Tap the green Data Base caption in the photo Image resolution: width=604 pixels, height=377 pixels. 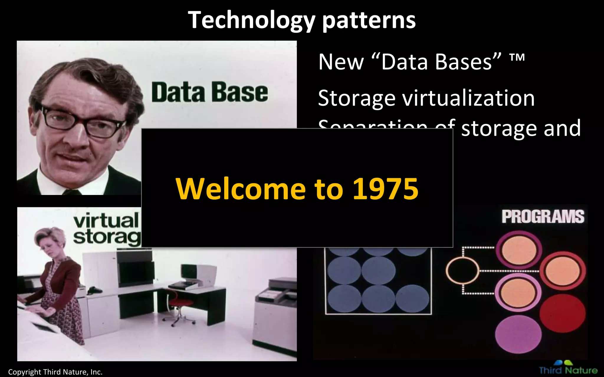pos(210,92)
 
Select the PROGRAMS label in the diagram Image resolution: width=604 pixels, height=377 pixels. pos(543,217)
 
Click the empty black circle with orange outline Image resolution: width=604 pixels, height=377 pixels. pos(462,270)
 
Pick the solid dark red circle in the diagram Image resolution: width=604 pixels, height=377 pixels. pos(562,313)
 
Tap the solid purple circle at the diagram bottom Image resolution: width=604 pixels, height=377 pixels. pos(518,334)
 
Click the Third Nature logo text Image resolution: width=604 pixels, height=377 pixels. pos(568,370)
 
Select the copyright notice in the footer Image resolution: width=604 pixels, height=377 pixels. pos(55,372)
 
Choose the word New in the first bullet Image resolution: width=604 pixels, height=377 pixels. pos(341,62)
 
